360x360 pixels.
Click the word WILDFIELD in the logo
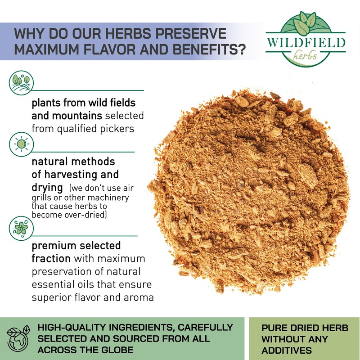[x=306, y=42]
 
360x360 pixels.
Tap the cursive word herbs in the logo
[x=305, y=55]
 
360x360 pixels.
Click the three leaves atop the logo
[x=305, y=22]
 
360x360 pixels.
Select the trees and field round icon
[x=21, y=83]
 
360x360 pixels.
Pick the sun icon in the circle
[x=21, y=144]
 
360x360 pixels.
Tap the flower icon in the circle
[x=21, y=228]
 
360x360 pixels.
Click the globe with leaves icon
[x=18, y=338]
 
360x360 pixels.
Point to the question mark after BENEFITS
[x=242, y=49]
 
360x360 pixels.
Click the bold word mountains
[x=77, y=116]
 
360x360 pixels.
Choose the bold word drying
[x=47, y=188]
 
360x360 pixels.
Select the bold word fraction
[x=51, y=258]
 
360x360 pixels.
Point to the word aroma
[x=139, y=298]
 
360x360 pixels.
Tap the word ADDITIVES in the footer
[x=287, y=351]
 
